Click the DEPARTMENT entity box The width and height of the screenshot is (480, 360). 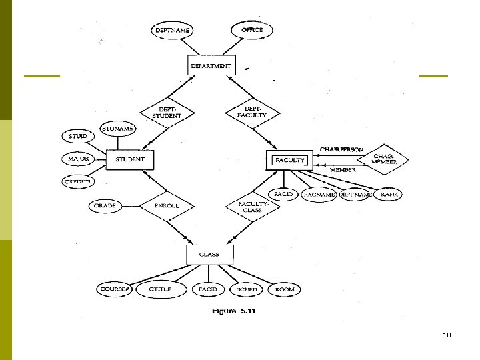(x=211, y=66)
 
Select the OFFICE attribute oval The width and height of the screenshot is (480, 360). (x=252, y=30)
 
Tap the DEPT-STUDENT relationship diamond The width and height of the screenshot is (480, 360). (x=167, y=113)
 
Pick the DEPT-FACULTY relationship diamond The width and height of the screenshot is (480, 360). (x=251, y=113)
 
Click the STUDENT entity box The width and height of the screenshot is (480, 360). (x=130, y=160)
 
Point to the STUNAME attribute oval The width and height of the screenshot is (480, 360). (x=118, y=128)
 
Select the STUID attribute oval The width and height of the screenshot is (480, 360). (x=78, y=137)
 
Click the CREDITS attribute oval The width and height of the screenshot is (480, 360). (x=78, y=181)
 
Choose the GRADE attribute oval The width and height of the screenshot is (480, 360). (x=105, y=206)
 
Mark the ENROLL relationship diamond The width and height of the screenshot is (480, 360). (x=167, y=206)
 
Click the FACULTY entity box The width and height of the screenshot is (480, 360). (x=289, y=160)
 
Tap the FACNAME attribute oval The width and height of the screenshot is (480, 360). (x=319, y=195)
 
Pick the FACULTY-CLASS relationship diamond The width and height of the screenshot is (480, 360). (x=251, y=206)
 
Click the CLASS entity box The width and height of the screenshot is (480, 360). (x=209, y=255)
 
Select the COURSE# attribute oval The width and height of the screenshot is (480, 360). (x=115, y=289)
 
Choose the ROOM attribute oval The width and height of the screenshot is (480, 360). (x=284, y=289)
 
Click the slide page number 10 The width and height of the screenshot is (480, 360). (x=447, y=334)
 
